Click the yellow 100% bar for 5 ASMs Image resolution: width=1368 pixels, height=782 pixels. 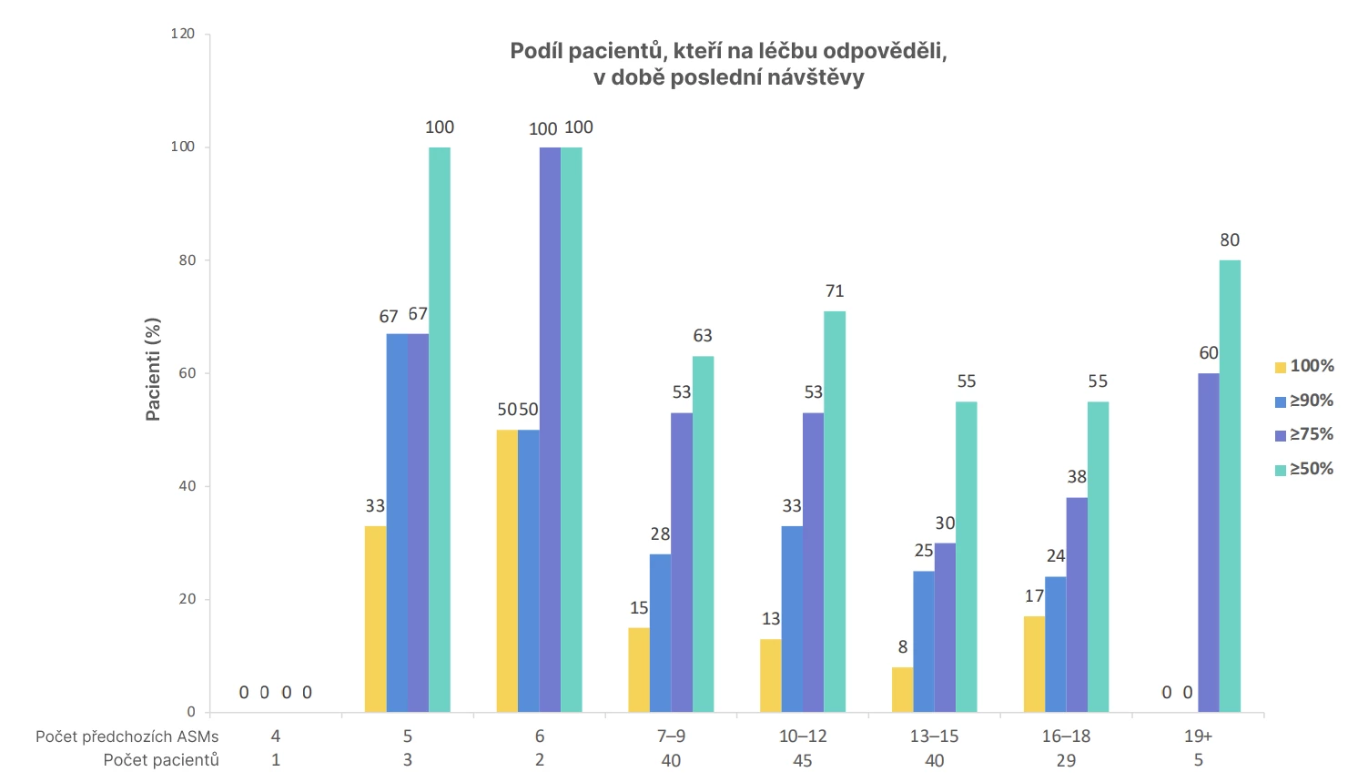tap(375, 619)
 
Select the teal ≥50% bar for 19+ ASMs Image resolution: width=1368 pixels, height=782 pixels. tap(1230, 486)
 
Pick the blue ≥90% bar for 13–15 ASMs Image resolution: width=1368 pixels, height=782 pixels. tap(924, 641)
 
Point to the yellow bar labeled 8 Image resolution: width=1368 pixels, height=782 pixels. tap(902, 689)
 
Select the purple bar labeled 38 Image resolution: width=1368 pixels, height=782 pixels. tap(1077, 604)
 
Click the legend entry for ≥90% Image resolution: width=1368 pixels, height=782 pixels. tap(1305, 401)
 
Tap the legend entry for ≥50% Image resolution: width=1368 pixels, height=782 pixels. tap(1305, 469)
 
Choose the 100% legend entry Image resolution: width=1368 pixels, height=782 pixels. tap(1305, 366)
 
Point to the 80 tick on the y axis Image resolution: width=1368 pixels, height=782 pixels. tap(187, 260)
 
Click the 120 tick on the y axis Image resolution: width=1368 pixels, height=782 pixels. tap(183, 34)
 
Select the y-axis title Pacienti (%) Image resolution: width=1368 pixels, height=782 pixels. tap(153, 369)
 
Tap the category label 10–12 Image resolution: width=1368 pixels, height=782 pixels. tap(803, 736)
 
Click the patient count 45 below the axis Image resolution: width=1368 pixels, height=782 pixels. tap(803, 760)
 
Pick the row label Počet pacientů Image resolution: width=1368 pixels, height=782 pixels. tap(161, 760)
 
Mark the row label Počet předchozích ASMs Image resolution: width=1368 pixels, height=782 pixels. tap(127, 736)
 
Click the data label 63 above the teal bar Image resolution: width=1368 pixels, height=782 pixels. tap(703, 336)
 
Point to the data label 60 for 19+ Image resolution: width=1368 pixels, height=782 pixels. tap(1209, 353)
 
